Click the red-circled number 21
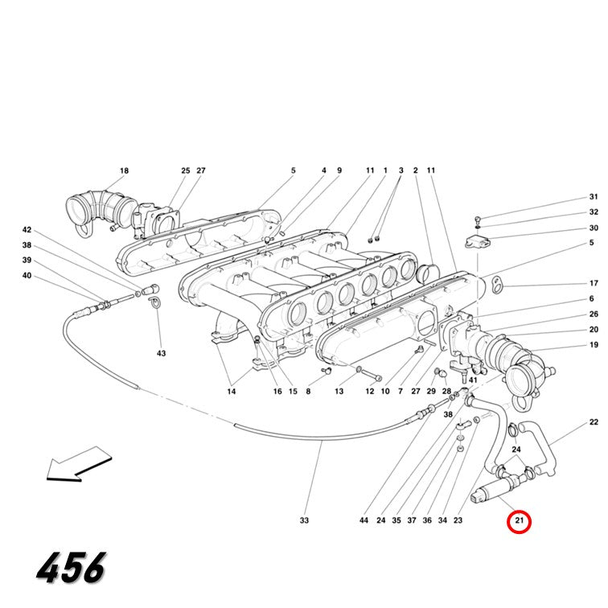(519, 520)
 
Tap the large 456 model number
(71, 568)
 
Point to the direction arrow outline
(79, 465)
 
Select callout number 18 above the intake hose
(124, 170)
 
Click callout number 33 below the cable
(304, 520)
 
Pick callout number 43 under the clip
(162, 353)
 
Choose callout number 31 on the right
(594, 196)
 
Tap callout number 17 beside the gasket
(594, 283)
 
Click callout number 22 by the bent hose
(594, 422)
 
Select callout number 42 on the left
(27, 230)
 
